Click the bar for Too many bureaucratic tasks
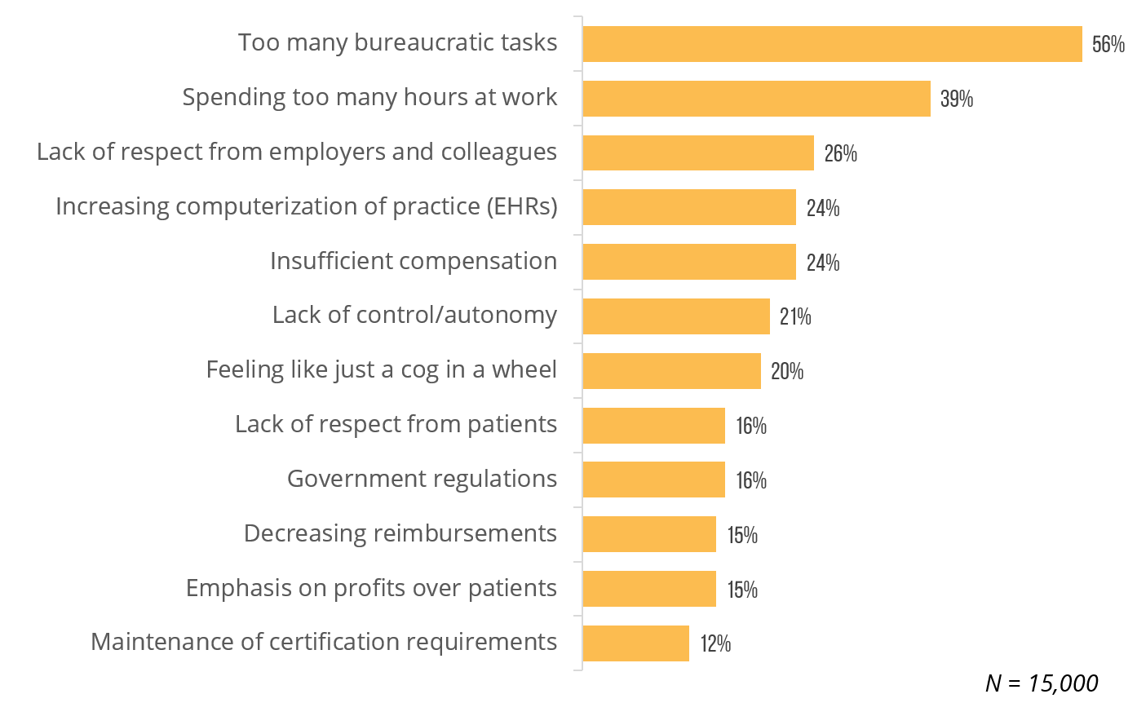832,44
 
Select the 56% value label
1108,45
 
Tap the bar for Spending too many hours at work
756,99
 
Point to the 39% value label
957,99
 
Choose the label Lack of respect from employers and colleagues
297,152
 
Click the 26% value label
840,153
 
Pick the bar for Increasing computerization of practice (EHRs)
689,207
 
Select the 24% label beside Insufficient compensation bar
822,263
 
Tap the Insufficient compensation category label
414,261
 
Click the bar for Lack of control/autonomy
676,316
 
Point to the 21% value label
795,317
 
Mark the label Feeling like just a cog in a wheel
382,369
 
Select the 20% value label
787,372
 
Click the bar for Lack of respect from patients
653,426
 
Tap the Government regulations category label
422,479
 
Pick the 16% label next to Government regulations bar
750,480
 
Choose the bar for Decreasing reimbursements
649,534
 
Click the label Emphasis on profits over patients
371,587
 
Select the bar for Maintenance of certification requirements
635,643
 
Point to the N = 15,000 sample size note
1041,683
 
